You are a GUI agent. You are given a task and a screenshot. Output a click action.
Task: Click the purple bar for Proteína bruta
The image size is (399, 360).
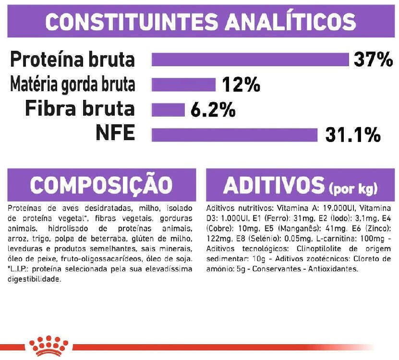tap(250, 60)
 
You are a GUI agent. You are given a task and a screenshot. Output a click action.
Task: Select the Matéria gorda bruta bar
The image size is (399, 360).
tap(183, 85)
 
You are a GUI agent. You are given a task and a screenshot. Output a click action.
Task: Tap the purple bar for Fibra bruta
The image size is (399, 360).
tap(168, 110)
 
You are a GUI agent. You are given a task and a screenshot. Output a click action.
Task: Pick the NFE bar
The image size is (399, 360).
tap(234, 135)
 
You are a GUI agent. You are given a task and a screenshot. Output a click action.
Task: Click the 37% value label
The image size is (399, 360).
tap(373, 60)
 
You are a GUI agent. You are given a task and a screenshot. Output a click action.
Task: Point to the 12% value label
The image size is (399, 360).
tap(241, 84)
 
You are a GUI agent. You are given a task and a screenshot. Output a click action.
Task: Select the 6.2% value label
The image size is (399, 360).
tap(213, 110)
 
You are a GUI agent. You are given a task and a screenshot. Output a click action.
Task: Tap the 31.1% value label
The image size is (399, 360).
tap(353, 135)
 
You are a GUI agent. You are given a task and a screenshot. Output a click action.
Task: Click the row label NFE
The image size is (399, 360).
tap(115, 132)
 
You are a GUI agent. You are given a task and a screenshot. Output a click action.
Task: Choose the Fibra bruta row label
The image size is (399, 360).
tap(80, 108)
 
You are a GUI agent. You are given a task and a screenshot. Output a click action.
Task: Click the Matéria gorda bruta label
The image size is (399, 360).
tap(73, 84)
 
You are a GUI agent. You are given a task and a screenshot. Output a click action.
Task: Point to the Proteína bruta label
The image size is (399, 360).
tap(73, 59)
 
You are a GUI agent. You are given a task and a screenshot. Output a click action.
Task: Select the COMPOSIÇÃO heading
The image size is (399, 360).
tap(101, 184)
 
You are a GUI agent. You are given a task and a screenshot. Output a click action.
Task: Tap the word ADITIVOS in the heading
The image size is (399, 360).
tap(274, 185)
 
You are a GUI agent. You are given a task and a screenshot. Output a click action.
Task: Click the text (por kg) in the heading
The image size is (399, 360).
tap(353, 189)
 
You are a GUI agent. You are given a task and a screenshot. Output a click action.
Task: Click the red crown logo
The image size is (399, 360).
tap(48, 346)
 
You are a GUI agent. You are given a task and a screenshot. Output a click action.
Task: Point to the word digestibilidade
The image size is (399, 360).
tap(35, 279)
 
